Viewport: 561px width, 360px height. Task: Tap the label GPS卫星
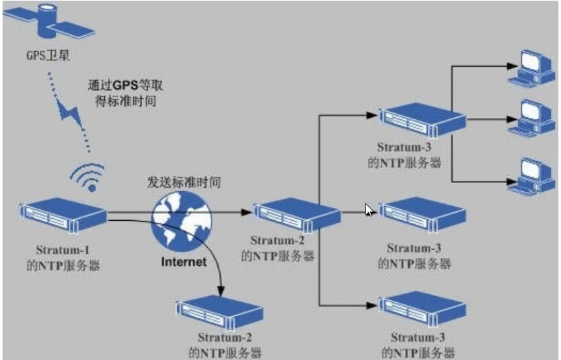pyautogui.click(x=42, y=56)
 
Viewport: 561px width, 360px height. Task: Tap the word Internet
pyautogui.click(x=184, y=262)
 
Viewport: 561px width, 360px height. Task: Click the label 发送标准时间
pyautogui.click(x=184, y=182)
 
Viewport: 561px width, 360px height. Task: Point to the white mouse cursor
pyautogui.click(x=369, y=210)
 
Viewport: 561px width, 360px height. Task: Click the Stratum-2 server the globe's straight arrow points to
pyautogui.click(x=296, y=215)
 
